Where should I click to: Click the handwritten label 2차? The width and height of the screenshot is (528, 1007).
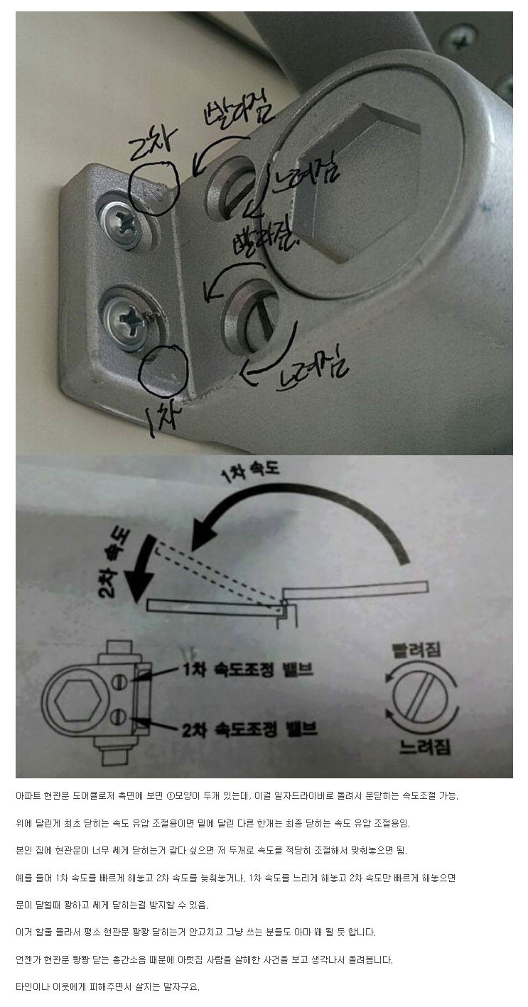click(149, 141)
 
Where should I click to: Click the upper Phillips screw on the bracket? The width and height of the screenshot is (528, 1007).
click(124, 222)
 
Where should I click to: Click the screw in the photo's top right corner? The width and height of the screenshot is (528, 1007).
click(458, 38)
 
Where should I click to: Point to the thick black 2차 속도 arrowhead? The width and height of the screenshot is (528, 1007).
click(136, 587)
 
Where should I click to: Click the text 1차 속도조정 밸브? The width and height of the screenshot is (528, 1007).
click(248, 670)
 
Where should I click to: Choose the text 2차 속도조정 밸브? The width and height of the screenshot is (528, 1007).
click(249, 729)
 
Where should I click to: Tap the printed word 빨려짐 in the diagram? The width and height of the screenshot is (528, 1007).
click(416, 650)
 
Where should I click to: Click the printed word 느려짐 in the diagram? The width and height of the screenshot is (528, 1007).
click(424, 746)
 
